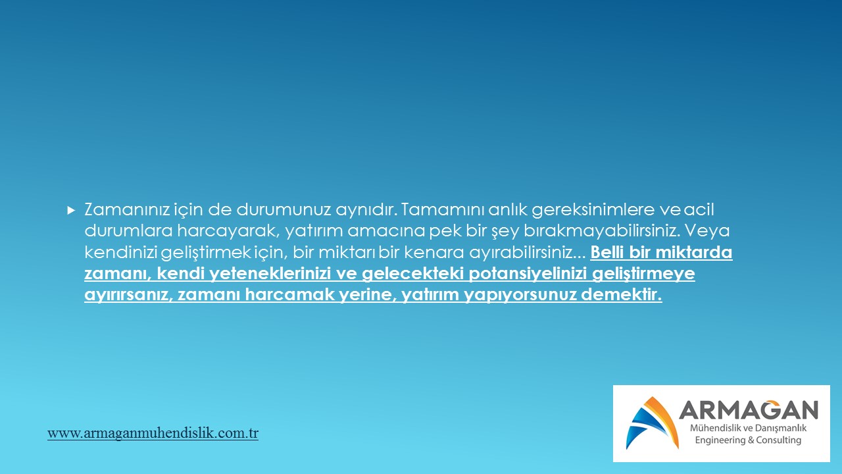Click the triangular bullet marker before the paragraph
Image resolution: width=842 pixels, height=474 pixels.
tap(71, 210)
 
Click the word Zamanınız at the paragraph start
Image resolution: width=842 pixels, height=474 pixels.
tap(127, 209)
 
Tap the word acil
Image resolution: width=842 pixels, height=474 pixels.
tap(699, 209)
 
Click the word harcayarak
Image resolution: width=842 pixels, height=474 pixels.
tap(228, 231)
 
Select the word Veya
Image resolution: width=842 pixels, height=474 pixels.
tap(707, 231)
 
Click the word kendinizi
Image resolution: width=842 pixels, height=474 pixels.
tap(120, 252)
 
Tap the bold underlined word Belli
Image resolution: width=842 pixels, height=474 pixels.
tap(607, 252)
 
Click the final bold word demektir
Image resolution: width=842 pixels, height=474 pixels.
tap(622, 294)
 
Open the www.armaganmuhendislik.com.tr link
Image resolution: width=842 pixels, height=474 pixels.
tap(153, 433)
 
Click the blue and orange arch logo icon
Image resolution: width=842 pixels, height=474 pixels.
tap(653, 423)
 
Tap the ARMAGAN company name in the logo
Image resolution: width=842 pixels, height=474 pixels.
tap(749, 410)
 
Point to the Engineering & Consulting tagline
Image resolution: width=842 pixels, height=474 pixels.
tap(748, 440)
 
